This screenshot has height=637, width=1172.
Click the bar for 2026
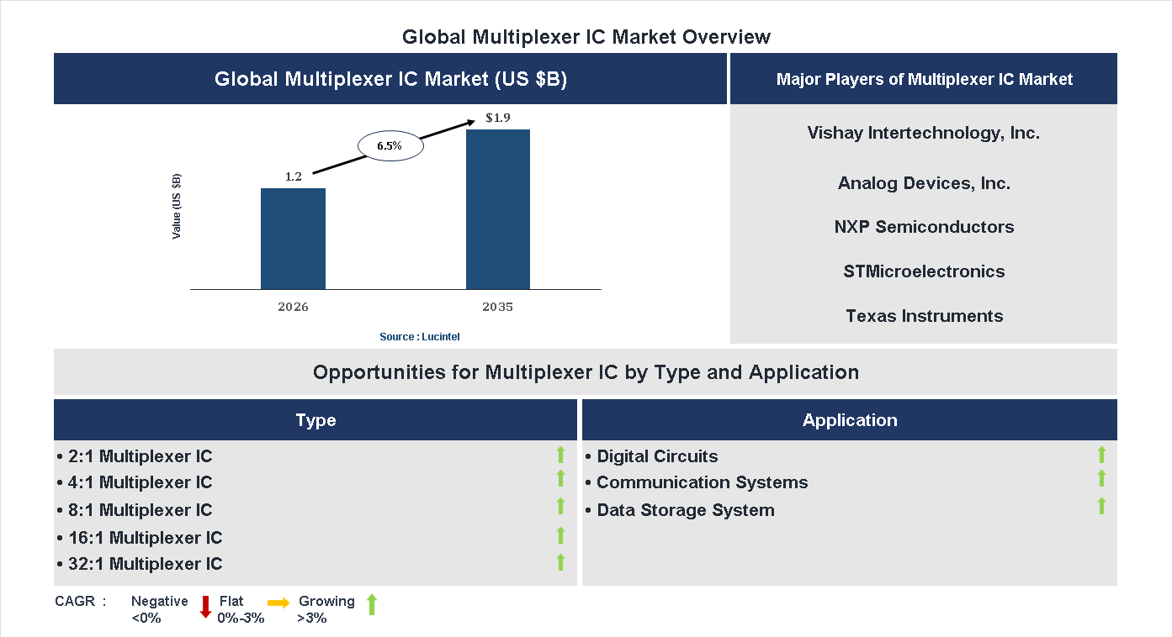[293, 239]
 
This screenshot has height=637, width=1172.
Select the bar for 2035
[498, 209]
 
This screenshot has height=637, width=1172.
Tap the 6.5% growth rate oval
[390, 146]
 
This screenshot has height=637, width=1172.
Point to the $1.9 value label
[498, 118]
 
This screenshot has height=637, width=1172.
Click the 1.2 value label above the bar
[293, 176]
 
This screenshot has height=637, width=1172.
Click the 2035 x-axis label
[497, 307]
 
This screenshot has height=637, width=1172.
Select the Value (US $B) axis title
[177, 206]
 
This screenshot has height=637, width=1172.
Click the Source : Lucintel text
[420, 337]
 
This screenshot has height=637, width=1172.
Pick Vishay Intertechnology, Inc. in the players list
[923, 133]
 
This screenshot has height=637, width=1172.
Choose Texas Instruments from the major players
[924, 316]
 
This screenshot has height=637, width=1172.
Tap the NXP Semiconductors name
[924, 227]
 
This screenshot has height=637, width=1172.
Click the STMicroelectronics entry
[924, 271]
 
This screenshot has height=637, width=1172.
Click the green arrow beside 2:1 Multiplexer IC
[560, 455]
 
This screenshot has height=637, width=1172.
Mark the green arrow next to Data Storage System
[1101, 506]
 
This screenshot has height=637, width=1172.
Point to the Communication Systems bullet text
[701, 482]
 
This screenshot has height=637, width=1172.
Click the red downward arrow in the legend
[204, 607]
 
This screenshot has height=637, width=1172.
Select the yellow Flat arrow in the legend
[278, 603]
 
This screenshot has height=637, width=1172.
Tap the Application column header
[849, 420]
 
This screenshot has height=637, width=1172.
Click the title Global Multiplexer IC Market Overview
[586, 37]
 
